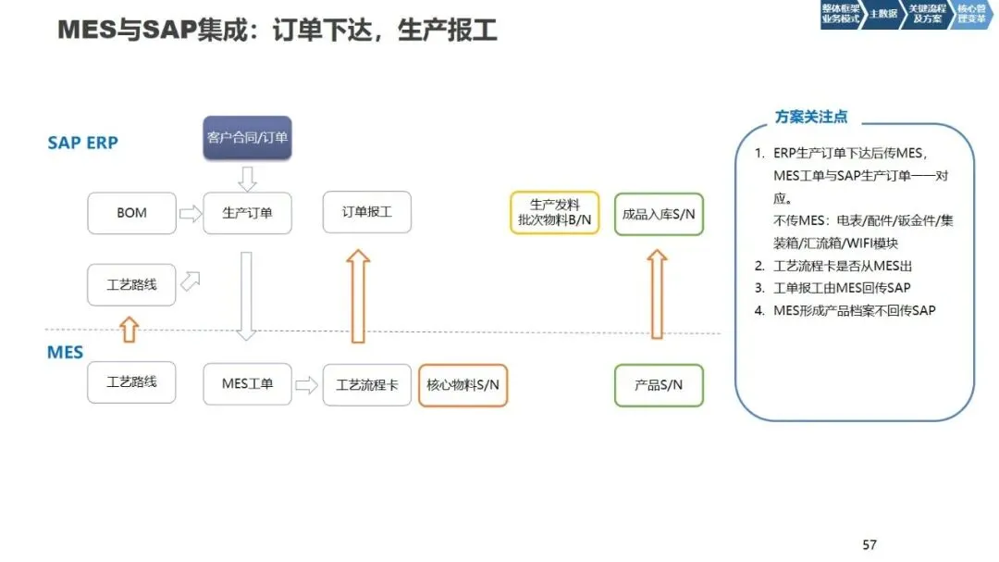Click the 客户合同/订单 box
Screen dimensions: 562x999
[x=247, y=138]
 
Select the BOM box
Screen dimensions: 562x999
[x=131, y=213]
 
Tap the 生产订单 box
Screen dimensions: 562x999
[x=247, y=213]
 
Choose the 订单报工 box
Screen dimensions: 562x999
[x=367, y=213]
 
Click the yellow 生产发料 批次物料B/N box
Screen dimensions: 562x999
[x=555, y=213]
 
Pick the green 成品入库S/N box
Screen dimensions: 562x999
[x=659, y=213]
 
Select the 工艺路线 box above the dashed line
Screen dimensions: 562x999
[x=131, y=284]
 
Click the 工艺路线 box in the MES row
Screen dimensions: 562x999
[x=131, y=381]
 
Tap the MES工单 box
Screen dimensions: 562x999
[x=247, y=383]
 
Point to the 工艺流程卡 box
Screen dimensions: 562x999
[x=367, y=384]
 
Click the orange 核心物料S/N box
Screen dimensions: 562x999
[x=462, y=384]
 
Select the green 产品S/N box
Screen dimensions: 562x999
[x=659, y=384]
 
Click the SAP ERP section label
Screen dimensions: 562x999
[x=82, y=143]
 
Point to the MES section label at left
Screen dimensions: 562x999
[x=65, y=353]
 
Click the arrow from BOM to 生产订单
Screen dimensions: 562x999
[x=190, y=214]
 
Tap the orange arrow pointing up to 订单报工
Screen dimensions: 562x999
[x=358, y=295]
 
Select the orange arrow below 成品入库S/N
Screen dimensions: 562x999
[x=657, y=293]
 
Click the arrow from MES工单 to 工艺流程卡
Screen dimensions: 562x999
[x=306, y=384]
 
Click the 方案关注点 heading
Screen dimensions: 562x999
[x=810, y=118]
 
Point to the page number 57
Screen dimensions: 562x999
[x=869, y=544]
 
